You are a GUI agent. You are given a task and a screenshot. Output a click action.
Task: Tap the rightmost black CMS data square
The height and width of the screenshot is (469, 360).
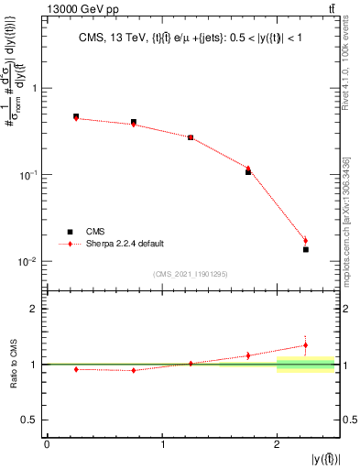(x=306, y=249)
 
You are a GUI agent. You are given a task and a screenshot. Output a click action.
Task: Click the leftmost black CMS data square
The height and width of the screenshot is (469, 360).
(x=76, y=117)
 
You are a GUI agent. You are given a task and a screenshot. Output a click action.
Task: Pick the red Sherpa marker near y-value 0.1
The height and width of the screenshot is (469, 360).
(x=248, y=169)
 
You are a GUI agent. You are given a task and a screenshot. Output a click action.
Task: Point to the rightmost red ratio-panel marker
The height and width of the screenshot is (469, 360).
(x=306, y=345)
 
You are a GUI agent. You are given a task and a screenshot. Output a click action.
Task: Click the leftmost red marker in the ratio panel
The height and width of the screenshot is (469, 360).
(x=76, y=369)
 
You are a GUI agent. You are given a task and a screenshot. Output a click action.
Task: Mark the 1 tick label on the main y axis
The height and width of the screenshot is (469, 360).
(x=34, y=89)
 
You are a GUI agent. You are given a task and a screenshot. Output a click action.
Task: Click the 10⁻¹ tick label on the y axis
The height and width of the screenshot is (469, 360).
(x=29, y=174)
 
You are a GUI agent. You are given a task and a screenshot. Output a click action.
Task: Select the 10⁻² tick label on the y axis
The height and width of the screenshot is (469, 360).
(x=29, y=261)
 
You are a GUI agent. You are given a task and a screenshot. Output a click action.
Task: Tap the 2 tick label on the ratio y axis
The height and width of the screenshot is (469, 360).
(x=34, y=310)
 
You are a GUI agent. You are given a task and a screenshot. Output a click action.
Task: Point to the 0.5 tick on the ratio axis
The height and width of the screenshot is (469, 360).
(x=31, y=420)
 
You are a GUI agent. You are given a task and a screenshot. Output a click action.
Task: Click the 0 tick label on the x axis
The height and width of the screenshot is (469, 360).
(x=47, y=444)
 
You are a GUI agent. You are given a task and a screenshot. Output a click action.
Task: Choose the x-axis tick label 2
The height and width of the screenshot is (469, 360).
(x=277, y=444)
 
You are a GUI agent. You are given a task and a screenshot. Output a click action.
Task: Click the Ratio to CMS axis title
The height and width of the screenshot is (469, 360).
(x=13, y=364)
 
